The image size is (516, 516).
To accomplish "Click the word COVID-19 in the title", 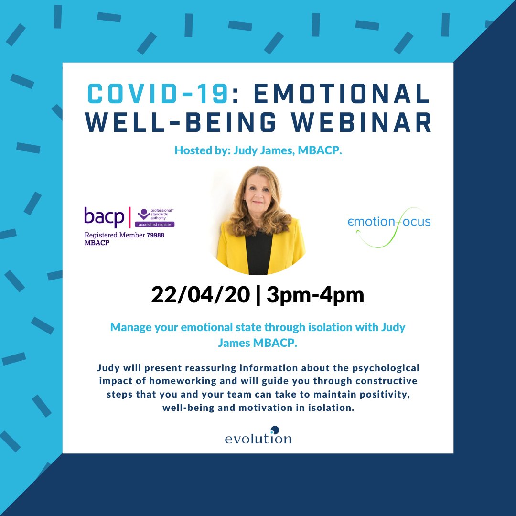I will (157, 94).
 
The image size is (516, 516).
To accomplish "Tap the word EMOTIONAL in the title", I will (342, 94).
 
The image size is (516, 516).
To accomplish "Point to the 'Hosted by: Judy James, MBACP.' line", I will (258, 151).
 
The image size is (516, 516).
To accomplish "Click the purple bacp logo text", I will (104, 216).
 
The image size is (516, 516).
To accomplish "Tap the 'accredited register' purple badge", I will (155, 224).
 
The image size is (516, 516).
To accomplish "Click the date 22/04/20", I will (201, 295).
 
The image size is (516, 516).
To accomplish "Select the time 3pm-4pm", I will (315, 295).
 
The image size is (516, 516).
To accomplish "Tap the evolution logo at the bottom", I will (258, 437).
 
